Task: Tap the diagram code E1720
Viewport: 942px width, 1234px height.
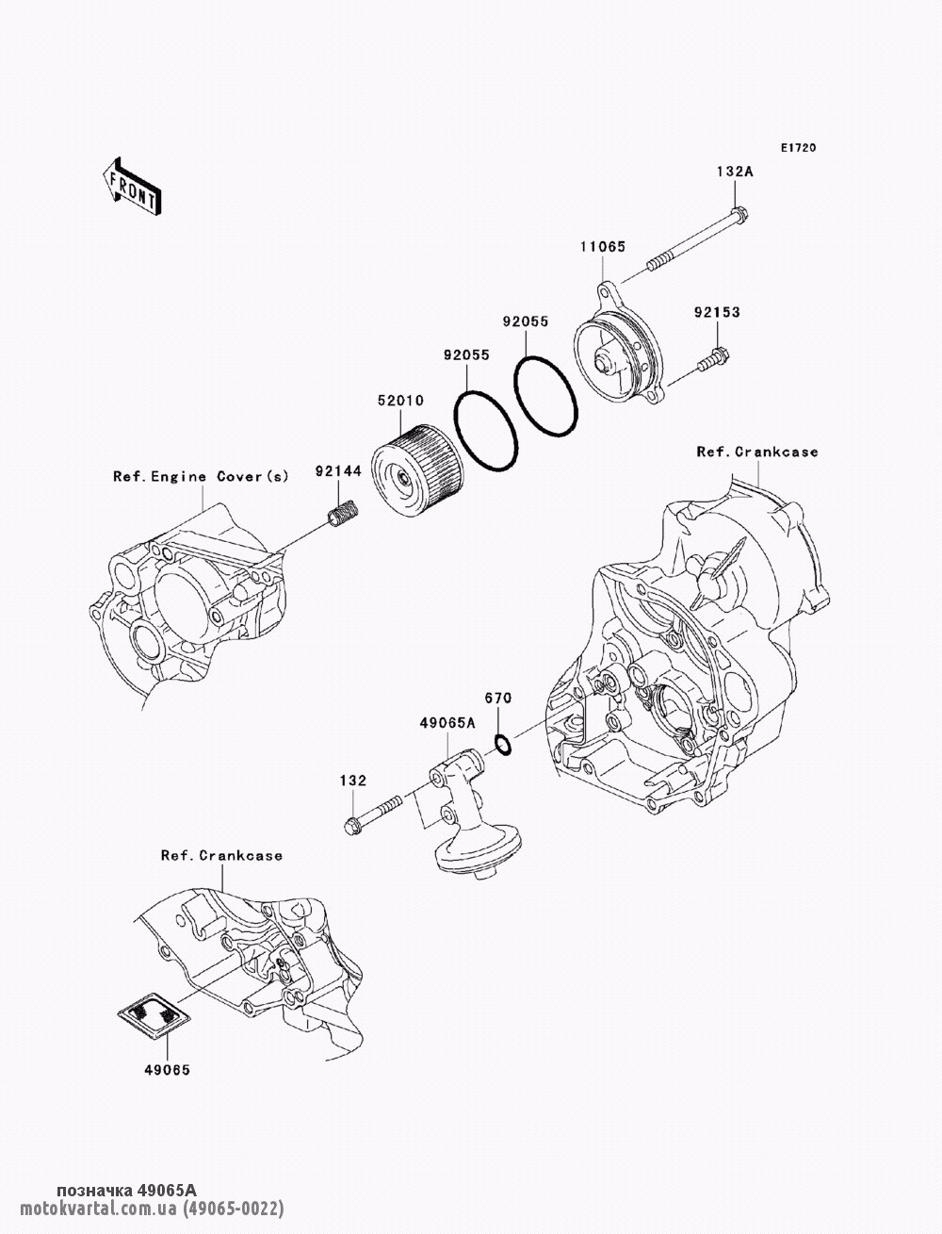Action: click(798, 148)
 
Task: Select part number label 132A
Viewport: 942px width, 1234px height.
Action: click(735, 172)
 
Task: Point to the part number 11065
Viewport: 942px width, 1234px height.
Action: click(603, 246)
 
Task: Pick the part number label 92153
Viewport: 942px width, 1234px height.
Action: click(717, 312)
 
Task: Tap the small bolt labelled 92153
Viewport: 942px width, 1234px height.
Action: click(713, 360)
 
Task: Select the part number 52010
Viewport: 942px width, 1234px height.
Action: click(400, 401)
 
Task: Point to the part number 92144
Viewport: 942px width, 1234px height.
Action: click(338, 470)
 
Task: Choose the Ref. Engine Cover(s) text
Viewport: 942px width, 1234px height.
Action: click(201, 477)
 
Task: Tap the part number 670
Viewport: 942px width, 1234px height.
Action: click(498, 698)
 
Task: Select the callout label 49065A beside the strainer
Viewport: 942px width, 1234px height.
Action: click(447, 723)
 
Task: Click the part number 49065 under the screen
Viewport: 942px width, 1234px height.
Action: click(167, 1070)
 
